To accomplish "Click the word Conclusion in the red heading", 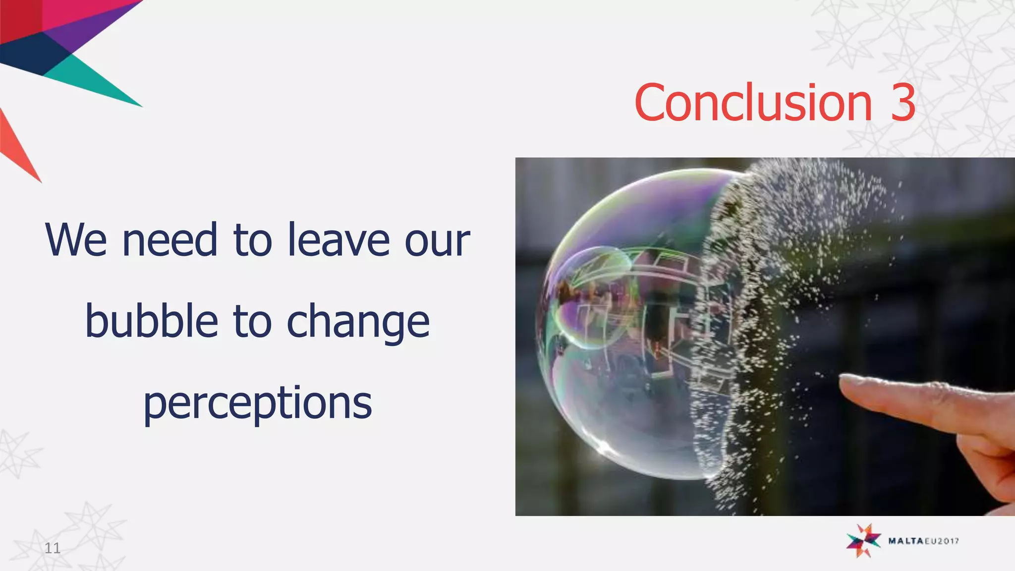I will pyautogui.click(x=753, y=103).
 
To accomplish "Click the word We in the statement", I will pyautogui.click(x=76, y=240).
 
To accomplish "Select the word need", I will pyautogui.click(x=170, y=240).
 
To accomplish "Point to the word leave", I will pyautogui.click(x=338, y=240).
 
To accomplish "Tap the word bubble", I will pyautogui.click(x=152, y=321).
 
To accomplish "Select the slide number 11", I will pyautogui.click(x=53, y=548).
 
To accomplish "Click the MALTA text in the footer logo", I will pyautogui.click(x=904, y=541).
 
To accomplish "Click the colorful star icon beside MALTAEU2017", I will pyautogui.click(x=863, y=540).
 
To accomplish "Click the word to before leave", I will pyautogui.click(x=253, y=240).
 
